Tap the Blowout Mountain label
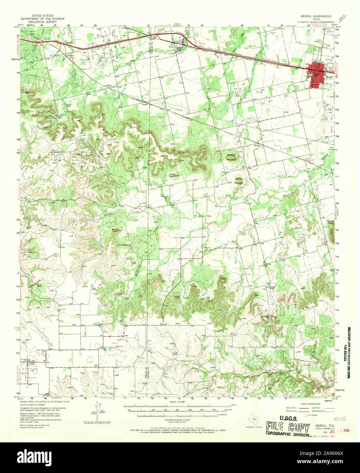pyautogui.click(x=232, y=158)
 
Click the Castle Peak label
pyautogui.click(x=330, y=222)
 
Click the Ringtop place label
pyautogui.click(x=127, y=244)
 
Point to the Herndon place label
pyautogui.click(x=71, y=55)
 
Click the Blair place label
pyautogui.click(x=257, y=146)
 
